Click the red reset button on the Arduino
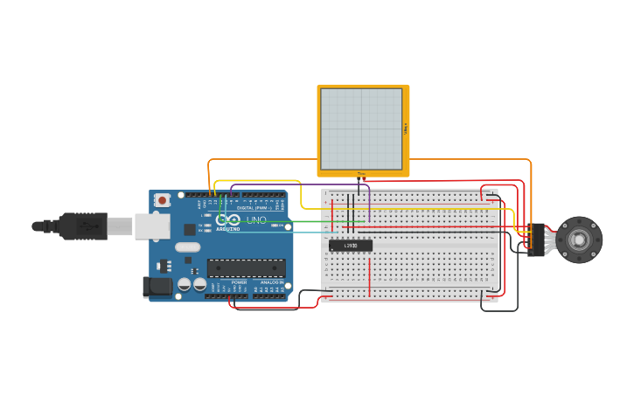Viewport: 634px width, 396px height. [x=162, y=200]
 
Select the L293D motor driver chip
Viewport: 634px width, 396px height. [x=351, y=246]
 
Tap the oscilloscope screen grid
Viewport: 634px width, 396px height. [x=361, y=129]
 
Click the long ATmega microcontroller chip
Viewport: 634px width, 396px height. [x=246, y=268]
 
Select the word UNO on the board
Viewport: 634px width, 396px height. [x=256, y=220]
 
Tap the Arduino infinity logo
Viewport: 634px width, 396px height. [x=229, y=220]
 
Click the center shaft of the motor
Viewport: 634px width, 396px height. [x=579, y=240]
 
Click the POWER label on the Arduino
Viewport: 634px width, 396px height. [x=239, y=282]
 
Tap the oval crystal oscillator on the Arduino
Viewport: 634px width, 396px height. [x=187, y=247]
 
